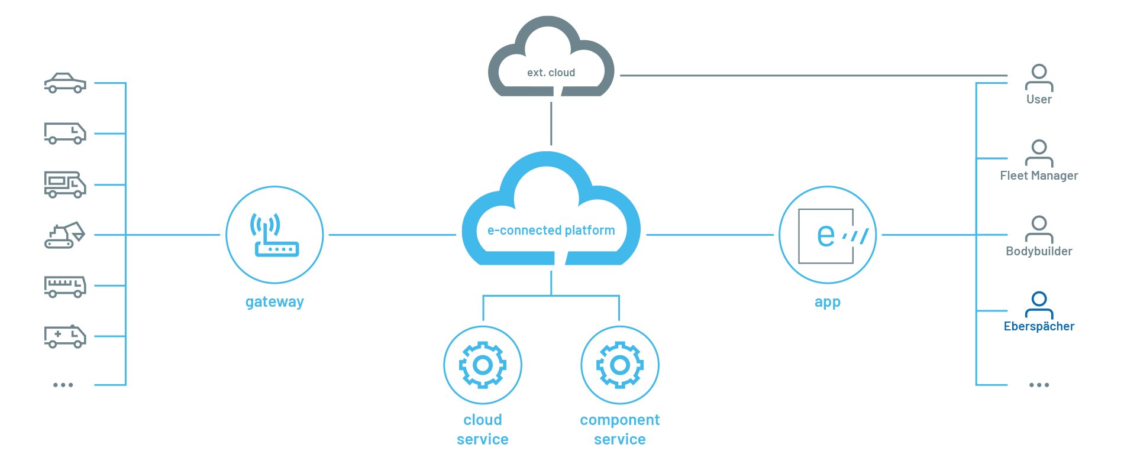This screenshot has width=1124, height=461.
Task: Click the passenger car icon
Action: (65, 83)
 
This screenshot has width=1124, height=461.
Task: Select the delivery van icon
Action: (65, 133)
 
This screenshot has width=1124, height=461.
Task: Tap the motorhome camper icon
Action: (65, 184)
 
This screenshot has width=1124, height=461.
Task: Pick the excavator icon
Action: (64, 235)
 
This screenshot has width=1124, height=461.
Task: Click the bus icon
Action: (65, 286)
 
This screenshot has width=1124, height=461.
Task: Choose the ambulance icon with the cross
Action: (65, 336)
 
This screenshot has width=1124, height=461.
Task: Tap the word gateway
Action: (274, 301)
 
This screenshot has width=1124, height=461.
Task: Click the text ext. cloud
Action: (551, 73)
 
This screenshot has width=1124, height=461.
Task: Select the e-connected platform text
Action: (551, 230)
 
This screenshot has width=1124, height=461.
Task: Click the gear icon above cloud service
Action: (483, 365)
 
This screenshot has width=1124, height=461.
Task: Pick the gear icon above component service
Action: (619, 365)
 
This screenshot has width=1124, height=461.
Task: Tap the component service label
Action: (619, 429)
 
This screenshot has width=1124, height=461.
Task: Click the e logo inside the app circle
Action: (827, 235)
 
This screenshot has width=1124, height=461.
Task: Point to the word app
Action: (827, 302)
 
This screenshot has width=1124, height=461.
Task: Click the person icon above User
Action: (1039, 77)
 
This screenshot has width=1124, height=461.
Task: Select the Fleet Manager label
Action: (1039, 176)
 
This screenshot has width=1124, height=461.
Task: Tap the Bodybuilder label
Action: (1039, 251)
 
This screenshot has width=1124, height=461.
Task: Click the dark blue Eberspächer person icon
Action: (1039, 304)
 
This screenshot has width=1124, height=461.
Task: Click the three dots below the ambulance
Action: (63, 385)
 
